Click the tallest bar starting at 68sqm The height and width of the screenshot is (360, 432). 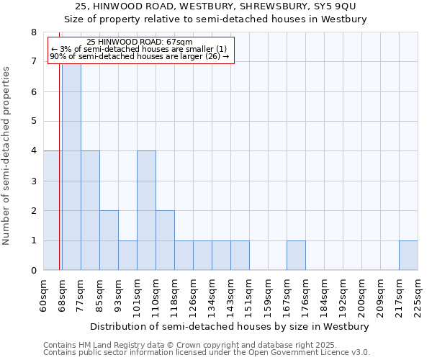click(71, 166)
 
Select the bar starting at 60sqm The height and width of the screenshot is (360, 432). click(52, 210)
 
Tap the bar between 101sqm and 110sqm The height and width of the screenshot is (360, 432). click(146, 210)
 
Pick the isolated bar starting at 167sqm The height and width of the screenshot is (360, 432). click(296, 256)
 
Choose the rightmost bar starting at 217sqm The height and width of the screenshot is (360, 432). click(408, 256)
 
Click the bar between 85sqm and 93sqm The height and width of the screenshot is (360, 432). click(109, 240)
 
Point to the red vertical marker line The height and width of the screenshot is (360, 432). click(59, 180)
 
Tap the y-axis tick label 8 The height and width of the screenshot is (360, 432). click(34, 32)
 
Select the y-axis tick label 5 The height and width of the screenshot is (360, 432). click(34, 121)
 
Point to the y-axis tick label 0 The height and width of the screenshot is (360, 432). click(34, 271)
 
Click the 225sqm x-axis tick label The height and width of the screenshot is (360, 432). click(418, 295)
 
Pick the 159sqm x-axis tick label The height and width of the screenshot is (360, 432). click(269, 295)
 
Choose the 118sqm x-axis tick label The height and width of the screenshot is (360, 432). click(175, 295)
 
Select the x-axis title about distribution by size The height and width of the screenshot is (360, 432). click(230, 326)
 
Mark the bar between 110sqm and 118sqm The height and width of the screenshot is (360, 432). click(165, 240)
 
